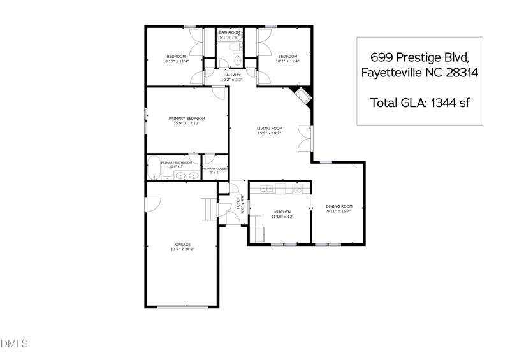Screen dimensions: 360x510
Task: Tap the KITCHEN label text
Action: pyautogui.click(x=282, y=212)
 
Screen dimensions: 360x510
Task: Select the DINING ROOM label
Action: pyautogui.click(x=339, y=206)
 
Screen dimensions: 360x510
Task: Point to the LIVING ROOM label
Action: pyautogui.click(x=270, y=128)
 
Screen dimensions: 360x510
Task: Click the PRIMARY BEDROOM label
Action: pyautogui.click(x=187, y=118)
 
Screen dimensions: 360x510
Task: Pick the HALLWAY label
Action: pyautogui.click(x=232, y=75)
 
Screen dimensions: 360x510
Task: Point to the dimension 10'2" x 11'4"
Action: pyautogui.click(x=287, y=62)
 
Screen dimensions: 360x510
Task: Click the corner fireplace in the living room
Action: pyautogui.click(x=302, y=96)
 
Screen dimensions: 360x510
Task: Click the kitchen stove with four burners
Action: pyautogui.click(x=296, y=189)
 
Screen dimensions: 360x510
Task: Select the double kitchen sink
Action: pyautogui.click(x=266, y=189)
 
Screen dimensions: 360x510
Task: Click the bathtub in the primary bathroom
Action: pyautogui.click(x=154, y=168)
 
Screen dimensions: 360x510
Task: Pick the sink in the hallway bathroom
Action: pyautogui.click(x=237, y=61)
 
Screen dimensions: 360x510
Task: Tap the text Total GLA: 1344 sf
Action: pyautogui.click(x=419, y=102)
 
